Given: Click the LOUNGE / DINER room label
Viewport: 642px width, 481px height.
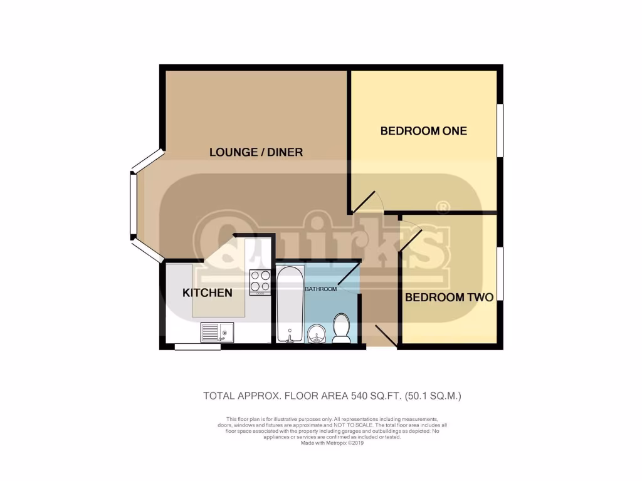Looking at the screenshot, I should pos(256,152).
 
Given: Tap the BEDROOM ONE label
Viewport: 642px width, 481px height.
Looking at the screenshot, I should pos(424,131).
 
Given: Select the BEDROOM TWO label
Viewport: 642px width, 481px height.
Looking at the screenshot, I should pos(449,297).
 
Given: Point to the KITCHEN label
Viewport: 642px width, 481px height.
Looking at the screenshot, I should pos(208,292).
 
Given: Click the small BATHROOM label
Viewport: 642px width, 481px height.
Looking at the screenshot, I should pos(320,289).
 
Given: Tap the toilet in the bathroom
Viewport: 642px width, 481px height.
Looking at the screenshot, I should pos(342,328).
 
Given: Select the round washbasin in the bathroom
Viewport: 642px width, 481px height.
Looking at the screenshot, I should pos(318,334).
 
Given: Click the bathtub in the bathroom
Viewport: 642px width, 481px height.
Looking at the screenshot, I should pos(290,304).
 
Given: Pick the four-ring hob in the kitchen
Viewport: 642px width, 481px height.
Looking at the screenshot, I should pos(260,282).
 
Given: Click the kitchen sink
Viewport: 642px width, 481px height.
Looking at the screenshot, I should pos(216,332).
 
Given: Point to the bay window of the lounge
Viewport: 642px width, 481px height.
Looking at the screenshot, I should pos(134,204).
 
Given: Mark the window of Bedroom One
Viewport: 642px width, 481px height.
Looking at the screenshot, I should pos(500,130).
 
